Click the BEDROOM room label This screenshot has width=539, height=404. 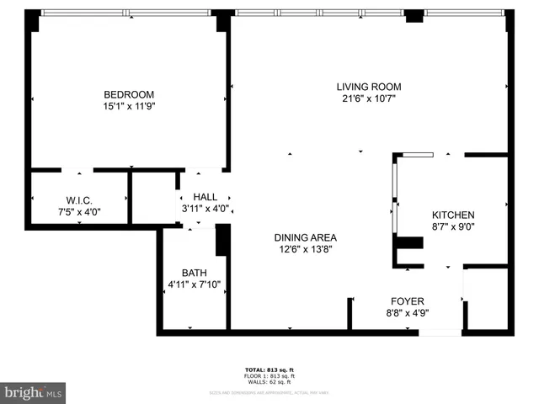click(x=129, y=94)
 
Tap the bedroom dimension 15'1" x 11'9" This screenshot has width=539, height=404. click(x=129, y=107)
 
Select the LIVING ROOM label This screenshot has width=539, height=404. click(x=368, y=86)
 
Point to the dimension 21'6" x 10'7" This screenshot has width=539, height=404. click(x=368, y=98)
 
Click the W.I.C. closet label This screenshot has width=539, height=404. click(x=78, y=199)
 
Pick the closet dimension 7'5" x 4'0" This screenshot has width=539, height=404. click(x=78, y=212)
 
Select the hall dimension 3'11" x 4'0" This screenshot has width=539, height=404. click(x=205, y=209)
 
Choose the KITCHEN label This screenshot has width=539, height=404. click(x=453, y=215)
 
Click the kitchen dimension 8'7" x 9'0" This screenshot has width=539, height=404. click(x=453, y=227)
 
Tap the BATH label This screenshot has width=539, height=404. click(x=194, y=273)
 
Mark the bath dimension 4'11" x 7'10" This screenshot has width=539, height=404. click(x=194, y=284)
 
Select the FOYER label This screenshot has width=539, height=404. click(x=407, y=300)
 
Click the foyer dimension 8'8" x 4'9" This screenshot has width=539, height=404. click(x=407, y=313)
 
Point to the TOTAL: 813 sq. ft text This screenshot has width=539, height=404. click(x=269, y=369)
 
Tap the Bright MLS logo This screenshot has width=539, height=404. click(x=33, y=392)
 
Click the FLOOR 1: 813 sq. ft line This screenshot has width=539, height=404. click(x=269, y=375)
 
